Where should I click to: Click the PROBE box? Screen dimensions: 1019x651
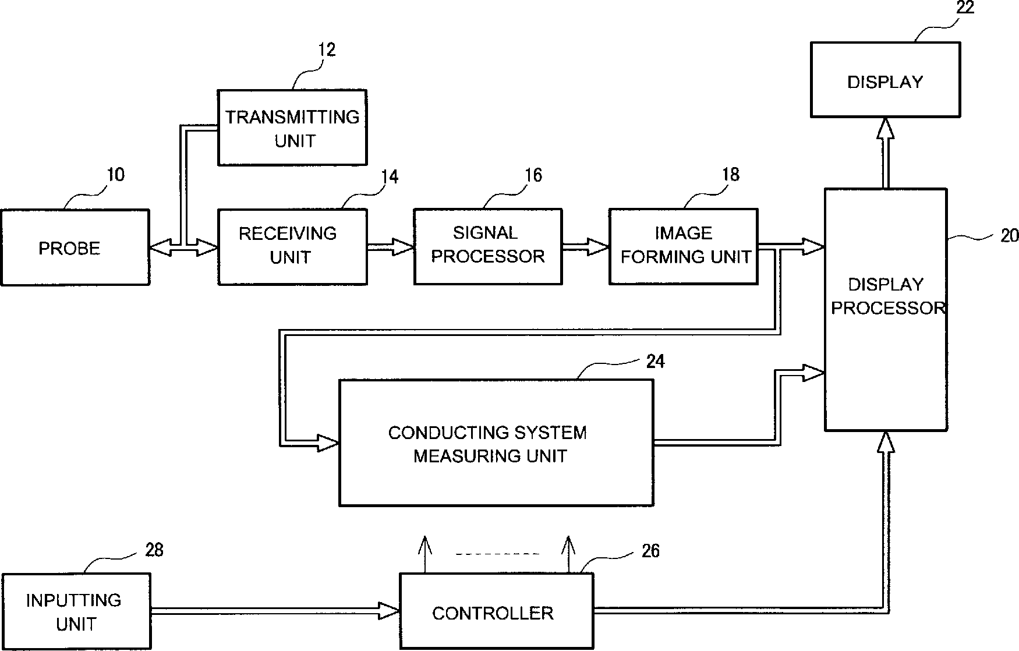75,247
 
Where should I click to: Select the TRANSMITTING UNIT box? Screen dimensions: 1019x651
292,128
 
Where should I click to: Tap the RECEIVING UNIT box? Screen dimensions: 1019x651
292,247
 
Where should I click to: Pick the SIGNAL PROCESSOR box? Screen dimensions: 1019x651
488,246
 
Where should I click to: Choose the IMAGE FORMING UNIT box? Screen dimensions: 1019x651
684,246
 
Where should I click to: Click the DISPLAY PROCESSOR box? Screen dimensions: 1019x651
886,310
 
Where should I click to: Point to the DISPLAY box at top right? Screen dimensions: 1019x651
885,80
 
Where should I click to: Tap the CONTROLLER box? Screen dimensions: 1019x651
497,611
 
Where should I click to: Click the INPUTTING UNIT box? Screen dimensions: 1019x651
76,611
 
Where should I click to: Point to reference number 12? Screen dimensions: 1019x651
327,50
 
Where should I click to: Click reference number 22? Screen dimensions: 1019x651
965,8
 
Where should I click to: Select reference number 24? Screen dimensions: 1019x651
655,362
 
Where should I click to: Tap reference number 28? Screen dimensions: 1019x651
154,550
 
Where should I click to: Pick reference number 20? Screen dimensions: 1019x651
1009,235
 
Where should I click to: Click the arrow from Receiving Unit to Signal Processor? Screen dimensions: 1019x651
390,247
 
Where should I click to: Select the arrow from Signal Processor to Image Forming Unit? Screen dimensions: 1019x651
586,246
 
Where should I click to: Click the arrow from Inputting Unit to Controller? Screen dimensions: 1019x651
275,611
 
